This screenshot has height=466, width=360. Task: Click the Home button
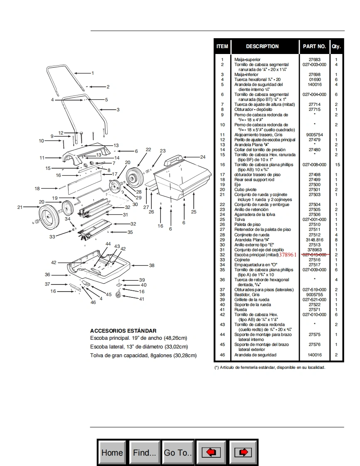(112, 452)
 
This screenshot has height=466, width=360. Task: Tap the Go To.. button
(178, 452)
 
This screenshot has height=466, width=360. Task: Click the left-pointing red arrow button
(211, 452)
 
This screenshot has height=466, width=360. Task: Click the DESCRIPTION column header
(262, 46)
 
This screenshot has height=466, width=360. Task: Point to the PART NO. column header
(314, 46)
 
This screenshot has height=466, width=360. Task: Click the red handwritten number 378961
(288, 255)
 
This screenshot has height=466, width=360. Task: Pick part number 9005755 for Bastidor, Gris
(314, 294)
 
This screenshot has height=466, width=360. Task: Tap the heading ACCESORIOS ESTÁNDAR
(123, 331)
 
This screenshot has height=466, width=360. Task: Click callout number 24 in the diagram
(203, 157)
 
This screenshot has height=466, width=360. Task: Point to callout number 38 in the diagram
(152, 265)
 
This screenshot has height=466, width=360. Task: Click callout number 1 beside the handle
(93, 73)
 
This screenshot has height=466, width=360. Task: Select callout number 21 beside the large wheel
(20, 207)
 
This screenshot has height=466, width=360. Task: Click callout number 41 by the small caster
(142, 299)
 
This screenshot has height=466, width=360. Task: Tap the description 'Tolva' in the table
(239, 219)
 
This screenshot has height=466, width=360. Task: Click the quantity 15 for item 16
(336, 164)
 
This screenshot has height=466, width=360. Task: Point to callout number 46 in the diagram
(93, 302)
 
